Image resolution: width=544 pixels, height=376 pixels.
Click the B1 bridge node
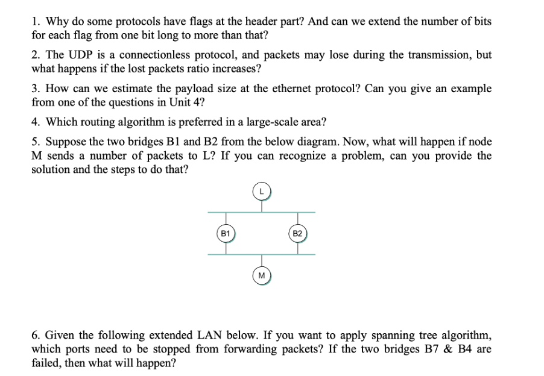pyautogui.click(x=226, y=233)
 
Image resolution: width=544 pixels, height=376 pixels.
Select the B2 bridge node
pyautogui.click(x=297, y=233)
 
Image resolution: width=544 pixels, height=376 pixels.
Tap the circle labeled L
pyautogui.click(x=261, y=191)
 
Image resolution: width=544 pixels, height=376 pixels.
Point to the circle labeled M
pyautogui.click(x=261, y=275)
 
